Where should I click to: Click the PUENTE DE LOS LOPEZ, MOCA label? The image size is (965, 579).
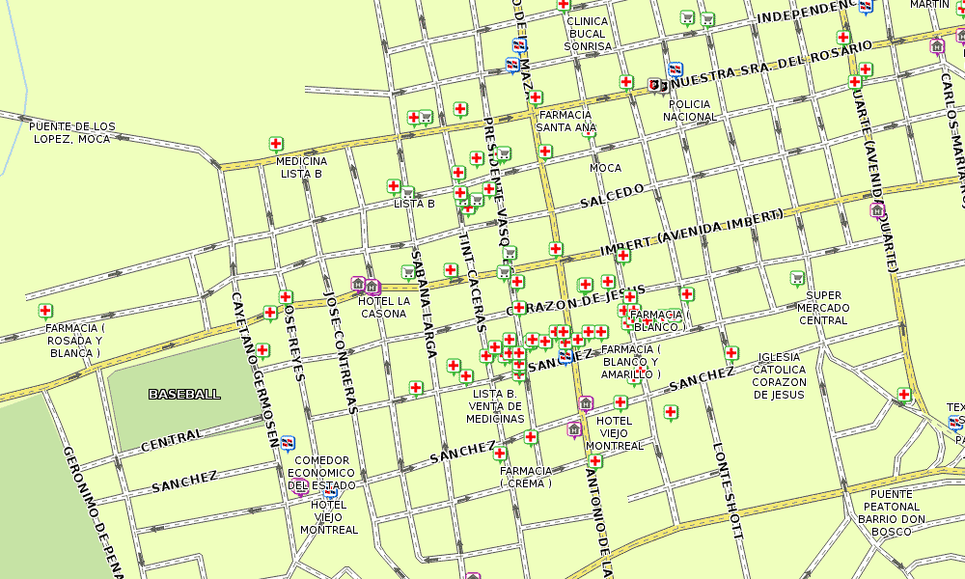click(71, 133)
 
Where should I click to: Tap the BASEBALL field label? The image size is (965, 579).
click(184, 394)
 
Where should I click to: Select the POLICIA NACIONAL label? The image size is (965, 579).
click(690, 110)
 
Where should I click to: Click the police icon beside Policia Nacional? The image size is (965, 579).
click(656, 86)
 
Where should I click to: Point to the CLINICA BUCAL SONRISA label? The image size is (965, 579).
click(587, 34)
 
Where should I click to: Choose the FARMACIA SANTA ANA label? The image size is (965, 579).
click(565, 121)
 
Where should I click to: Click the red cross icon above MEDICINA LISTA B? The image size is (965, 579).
click(276, 145)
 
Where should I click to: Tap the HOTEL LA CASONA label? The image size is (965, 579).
click(383, 307)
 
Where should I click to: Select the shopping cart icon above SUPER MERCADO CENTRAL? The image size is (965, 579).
click(797, 279)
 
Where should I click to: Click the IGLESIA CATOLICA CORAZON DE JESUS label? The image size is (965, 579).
click(779, 375)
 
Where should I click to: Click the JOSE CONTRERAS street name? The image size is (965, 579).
click(343, 351)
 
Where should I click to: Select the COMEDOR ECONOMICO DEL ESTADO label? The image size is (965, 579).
click(322, 473)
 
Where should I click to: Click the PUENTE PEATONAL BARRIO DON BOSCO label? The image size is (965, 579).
click(892, 512)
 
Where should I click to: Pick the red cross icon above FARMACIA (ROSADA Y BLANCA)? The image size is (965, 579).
click(45, 311)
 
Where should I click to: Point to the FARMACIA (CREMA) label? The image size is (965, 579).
click(526, 477)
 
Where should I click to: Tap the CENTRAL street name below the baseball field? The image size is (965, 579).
click(172, 440)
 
